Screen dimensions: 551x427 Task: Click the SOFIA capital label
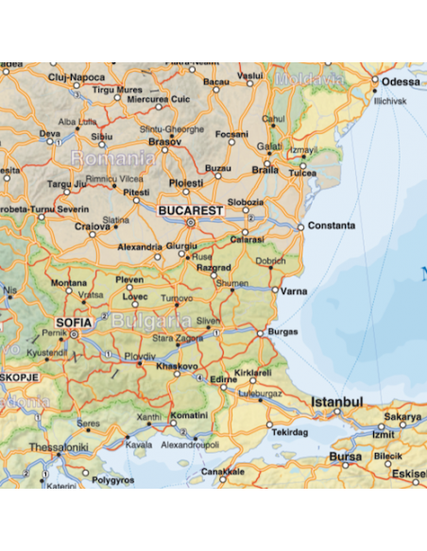[75, 322]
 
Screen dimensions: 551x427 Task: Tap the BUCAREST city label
[191, 209]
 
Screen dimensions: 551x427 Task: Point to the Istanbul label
[337, 402]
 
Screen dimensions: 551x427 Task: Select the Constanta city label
[332, 226]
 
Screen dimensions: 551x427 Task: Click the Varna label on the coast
[294, 292]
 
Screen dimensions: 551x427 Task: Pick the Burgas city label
[282, 332]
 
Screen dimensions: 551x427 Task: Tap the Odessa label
[401, 82]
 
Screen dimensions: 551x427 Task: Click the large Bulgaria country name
[145, 322]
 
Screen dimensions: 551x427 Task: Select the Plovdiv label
[140, 356]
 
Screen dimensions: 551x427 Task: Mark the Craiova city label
[93, 227]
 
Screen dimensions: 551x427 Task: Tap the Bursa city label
[345, 458]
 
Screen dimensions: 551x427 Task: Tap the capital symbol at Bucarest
[190, 223]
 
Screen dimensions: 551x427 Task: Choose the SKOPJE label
[19, 376]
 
